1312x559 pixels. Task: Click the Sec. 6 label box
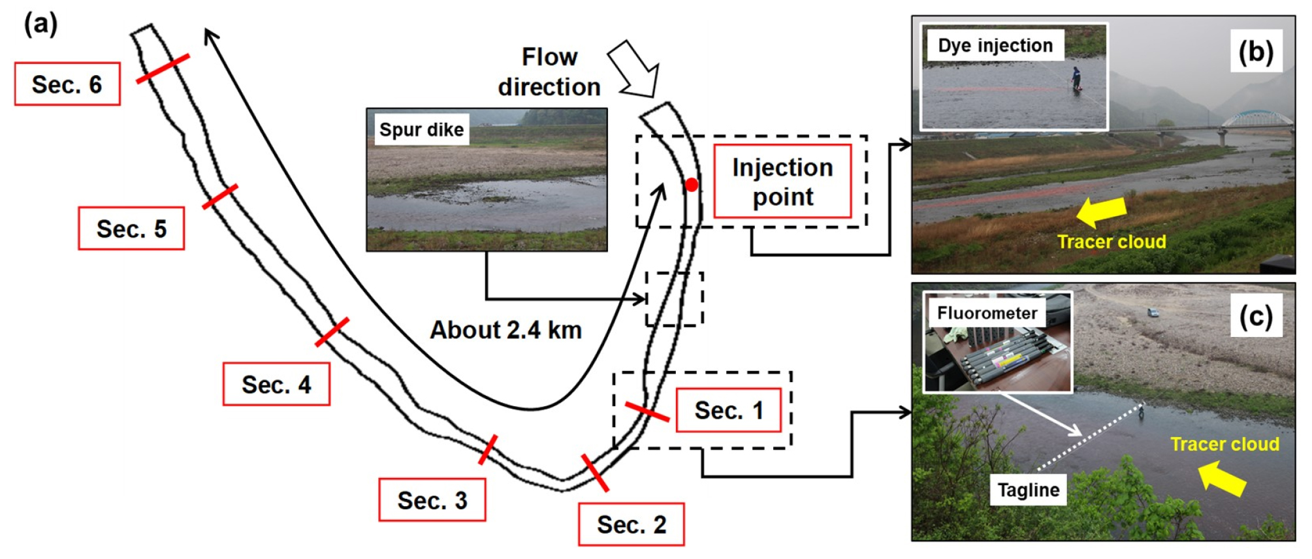(67, 84)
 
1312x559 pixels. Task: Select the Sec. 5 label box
(131, 229)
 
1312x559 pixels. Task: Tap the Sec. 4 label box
(276, 384)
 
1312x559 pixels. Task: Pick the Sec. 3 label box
(432, 500)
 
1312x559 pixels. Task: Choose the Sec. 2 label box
(632, 524)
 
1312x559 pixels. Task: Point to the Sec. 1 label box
(728, 410)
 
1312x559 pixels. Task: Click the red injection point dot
(692, 185)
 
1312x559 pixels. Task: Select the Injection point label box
(782, 182)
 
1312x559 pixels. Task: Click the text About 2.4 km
(505, 330)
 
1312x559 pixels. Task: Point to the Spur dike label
(421, 129)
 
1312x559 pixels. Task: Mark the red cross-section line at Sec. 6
(163, 69)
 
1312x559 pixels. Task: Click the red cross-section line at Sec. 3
(488, 449)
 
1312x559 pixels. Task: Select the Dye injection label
(995, 45)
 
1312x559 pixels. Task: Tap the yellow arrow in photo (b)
(1102, 212)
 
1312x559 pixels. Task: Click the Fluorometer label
(987, 313)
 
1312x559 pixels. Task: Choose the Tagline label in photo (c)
(1029, 490)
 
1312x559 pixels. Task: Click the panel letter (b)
(1256, 51)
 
